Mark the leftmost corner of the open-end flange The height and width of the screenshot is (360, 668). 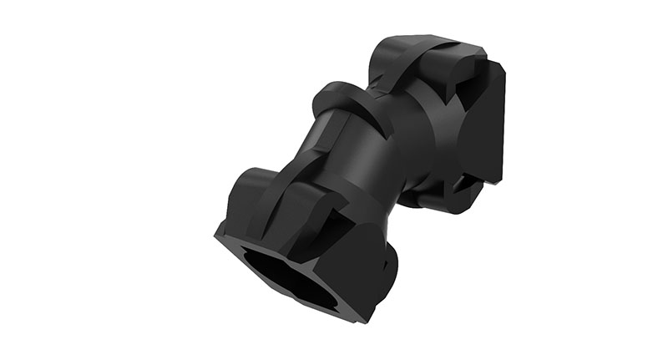click(x=215, y=233)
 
